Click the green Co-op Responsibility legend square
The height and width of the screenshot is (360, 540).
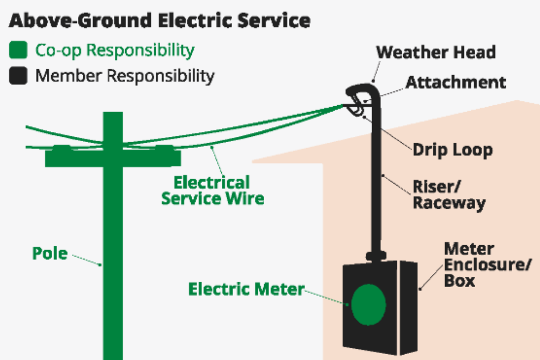coord(18,50)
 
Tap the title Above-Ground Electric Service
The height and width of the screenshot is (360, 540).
coord(160,21)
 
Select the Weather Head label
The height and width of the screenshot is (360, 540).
coord(436,52)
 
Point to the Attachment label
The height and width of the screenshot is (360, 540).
coord(456,82)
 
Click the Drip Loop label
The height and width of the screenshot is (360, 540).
coord(453,150)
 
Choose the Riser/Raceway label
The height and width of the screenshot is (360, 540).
coord(449,195)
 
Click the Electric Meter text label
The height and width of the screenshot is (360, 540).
coord(246,289)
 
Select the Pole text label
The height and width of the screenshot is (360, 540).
coord(49,253)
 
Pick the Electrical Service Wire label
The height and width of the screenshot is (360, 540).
coord(212,190)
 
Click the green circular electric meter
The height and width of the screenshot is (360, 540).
coord(369,305)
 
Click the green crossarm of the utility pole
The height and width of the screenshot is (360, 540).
coord(113,157)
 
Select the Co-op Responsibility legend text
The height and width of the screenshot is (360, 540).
coord(115,50)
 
